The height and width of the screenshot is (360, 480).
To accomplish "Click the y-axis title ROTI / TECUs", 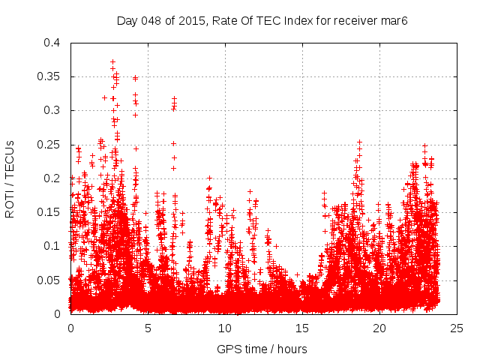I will [x=10, y=178].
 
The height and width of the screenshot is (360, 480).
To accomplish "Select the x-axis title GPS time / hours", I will [x=262, y=349].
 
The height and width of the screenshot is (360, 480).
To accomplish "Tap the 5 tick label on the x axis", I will [x=148, y=328].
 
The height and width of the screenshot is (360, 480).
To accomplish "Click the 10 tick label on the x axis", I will [x=225, y=328].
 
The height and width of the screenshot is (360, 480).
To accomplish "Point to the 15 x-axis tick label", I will [x=302, y=328].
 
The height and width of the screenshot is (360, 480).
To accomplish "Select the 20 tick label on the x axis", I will [x=379, y=328].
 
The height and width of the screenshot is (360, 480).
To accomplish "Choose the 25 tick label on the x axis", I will [x=457, y=328].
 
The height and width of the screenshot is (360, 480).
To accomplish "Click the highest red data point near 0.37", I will [x=112, y=62].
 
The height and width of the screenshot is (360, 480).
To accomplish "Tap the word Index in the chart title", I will [x=293, y=19].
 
